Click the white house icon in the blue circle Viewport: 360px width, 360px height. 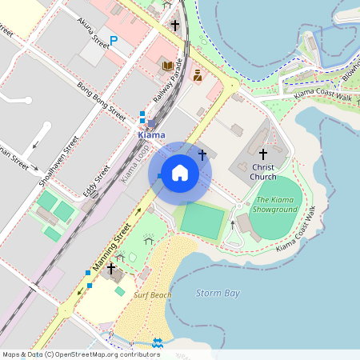(x=180, y=173)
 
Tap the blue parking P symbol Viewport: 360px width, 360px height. (x=114, y=40)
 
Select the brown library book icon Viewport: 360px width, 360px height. (x=168, y=66)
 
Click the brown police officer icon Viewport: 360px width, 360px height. (x=197, y=75)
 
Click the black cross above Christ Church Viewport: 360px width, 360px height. (x=263, y=153)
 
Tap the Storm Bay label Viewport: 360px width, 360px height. (x=218, y=293)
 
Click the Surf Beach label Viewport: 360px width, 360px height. (x=152, y=295)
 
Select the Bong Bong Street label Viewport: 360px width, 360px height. (x=102, y=100)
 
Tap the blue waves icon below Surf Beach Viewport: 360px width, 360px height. (x=158, y=342)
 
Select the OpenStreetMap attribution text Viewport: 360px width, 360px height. (x=81, y=354)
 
